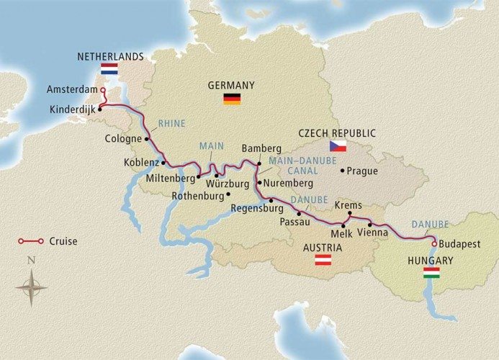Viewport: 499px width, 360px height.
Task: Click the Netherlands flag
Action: coord(109,69)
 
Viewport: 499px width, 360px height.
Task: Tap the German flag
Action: coord(231,99)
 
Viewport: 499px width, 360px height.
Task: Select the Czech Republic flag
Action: coord(338,146)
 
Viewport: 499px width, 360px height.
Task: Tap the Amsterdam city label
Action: coord(71,90)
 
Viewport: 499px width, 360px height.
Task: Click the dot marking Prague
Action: coord(342,171)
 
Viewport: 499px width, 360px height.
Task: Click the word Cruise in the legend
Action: coord(64,241)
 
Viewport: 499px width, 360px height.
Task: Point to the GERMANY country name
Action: coord(231,85)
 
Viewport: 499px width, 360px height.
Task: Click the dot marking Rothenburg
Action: coord(228,194)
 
